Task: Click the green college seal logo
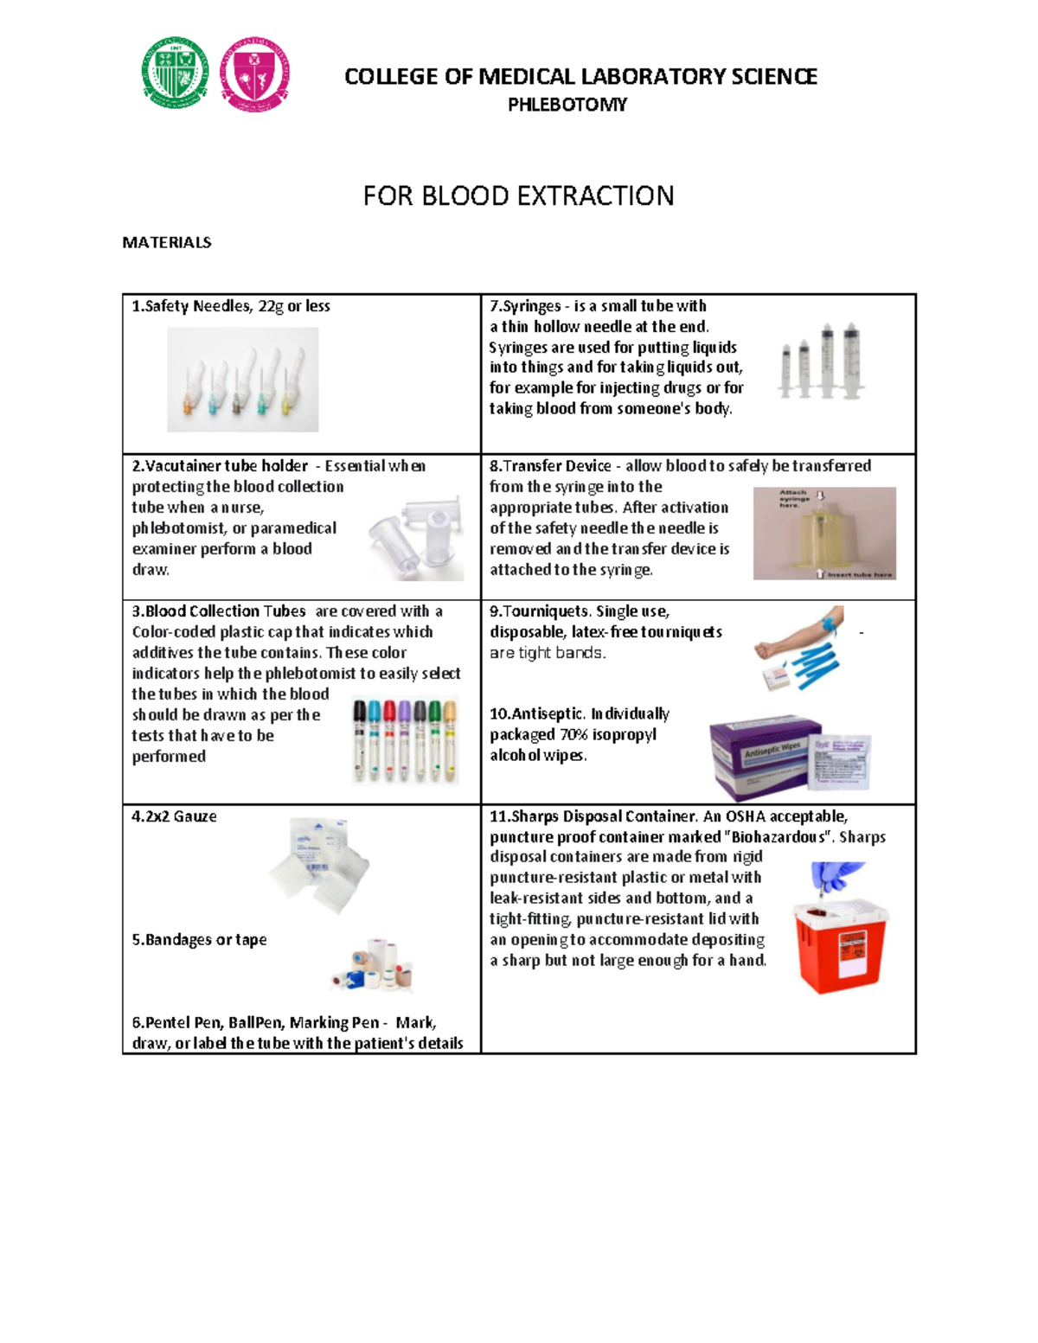175,74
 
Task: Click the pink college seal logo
254,74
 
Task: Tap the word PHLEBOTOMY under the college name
567,105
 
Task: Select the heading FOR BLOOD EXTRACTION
518,196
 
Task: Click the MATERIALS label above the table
167,242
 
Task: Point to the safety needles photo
242,379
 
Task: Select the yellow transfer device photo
823,533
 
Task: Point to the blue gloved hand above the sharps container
836,875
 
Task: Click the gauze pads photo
318,865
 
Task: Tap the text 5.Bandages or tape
199,940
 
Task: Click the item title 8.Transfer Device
550,466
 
